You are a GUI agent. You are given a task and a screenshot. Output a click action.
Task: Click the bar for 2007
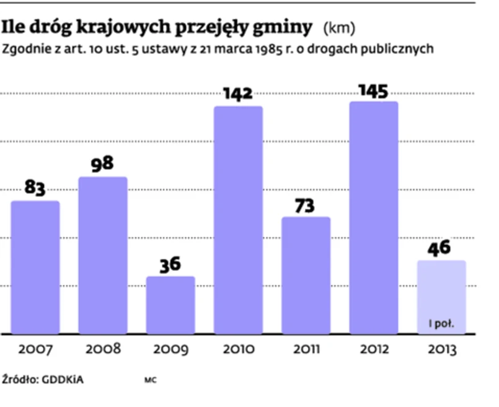(35, 267)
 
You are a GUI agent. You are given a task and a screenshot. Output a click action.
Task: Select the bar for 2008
(103, 255)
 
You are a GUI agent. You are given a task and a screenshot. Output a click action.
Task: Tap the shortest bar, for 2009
(170, 305)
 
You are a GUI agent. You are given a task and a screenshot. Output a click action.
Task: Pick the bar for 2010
(238, 220)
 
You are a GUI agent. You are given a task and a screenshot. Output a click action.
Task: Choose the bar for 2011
(306, 275)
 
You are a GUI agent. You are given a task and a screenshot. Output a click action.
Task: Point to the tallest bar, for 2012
(373, 217)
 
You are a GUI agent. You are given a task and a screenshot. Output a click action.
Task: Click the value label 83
(35, 188)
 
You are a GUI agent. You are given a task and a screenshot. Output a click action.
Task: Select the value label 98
(103, 164)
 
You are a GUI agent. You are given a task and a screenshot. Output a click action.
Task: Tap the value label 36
(170, 264)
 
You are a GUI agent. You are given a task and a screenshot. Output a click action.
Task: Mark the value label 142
(238, 94)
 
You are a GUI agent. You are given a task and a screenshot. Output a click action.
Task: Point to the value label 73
(306, 205)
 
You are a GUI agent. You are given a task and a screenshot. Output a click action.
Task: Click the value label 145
(373, 91)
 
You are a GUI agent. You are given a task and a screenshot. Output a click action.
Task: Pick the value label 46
(441, 248)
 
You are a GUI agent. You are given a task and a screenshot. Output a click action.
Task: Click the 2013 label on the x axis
(441, 349)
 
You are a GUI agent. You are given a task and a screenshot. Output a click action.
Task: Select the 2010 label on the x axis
(238, 349)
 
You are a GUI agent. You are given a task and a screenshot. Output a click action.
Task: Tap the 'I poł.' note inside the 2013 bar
(441, 323)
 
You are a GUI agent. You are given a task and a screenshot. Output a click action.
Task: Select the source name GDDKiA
(63, 380)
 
